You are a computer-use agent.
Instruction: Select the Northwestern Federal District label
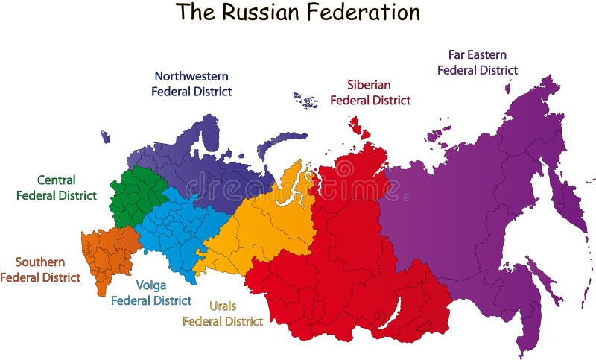[x=191, y=83]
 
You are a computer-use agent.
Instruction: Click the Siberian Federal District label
[x=370, y=92]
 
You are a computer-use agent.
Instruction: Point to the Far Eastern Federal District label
[x=478, y=62]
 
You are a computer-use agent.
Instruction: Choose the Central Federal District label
[x=57, y=188]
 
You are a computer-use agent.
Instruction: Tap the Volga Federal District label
[x=151, y=292]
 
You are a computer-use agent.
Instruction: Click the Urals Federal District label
[x=223, y=314]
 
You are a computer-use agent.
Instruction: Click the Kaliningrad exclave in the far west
[x=106, y=137]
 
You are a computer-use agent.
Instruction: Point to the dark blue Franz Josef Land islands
[x=305, y=98]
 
